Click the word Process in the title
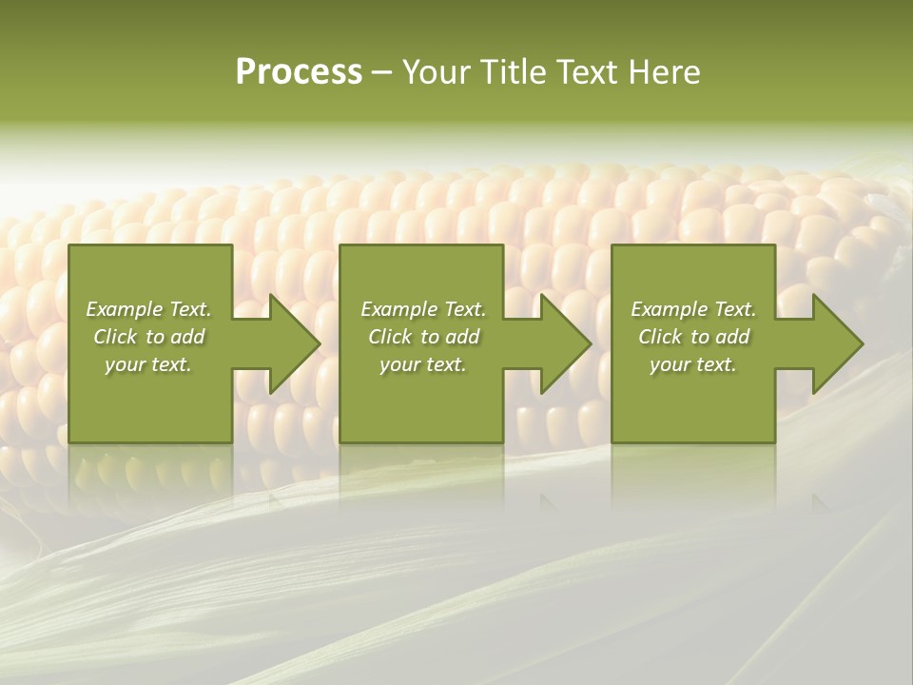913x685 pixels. point(299,72)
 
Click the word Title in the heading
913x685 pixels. point(510,72)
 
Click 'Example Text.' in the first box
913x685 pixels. point(148,309)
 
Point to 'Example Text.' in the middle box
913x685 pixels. point(423,309)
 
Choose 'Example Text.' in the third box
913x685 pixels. point(693,309)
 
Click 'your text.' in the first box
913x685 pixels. point(148,364)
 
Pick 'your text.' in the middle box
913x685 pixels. point(423,364)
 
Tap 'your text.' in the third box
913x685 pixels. point(693,364)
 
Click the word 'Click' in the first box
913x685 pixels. point(115,337)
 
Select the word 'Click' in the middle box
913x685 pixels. point(390,337)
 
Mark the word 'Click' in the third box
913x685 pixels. point(660,337)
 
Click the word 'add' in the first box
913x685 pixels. point(187,337)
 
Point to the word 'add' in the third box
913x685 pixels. point(732,337)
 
